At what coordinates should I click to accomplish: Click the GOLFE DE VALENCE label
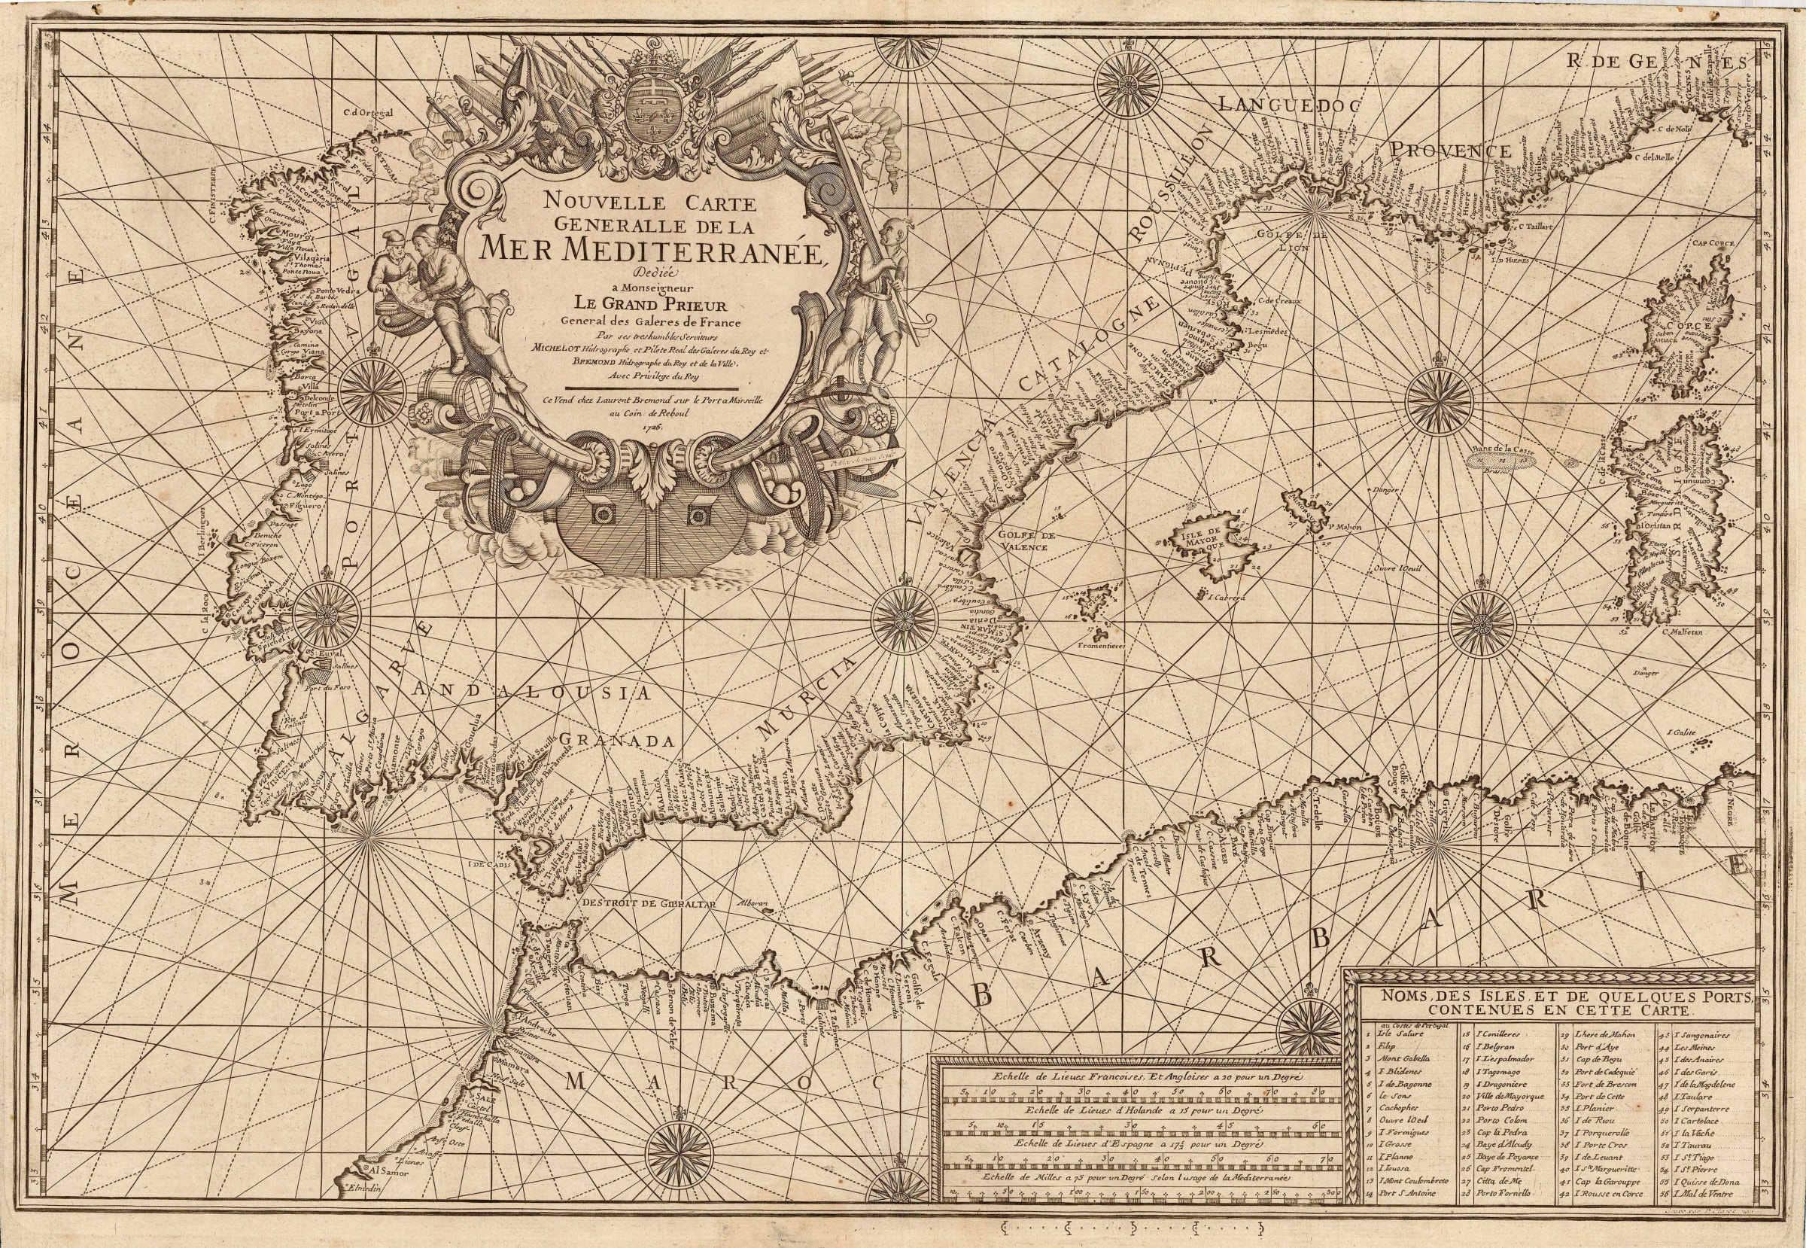(x=1027, y=542)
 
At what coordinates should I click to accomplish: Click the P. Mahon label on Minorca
(x=1343, y=527)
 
